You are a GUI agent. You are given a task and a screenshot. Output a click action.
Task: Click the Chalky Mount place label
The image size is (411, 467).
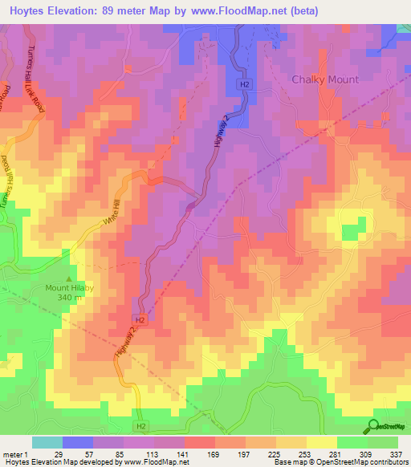(324, 79)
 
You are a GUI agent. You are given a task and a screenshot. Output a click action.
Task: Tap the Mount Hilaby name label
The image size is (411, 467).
(69, 287)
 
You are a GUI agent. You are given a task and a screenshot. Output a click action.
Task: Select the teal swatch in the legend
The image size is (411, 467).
(47, 442)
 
